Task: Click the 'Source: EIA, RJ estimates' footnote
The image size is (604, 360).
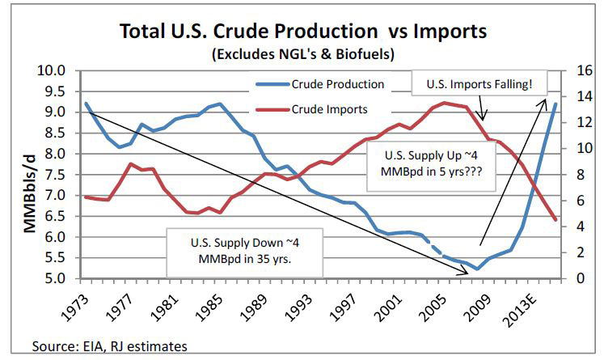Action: [x=109, y=346]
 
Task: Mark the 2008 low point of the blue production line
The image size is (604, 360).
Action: [x=477, y=269]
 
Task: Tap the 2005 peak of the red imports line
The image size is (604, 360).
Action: [x=443, y=103]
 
